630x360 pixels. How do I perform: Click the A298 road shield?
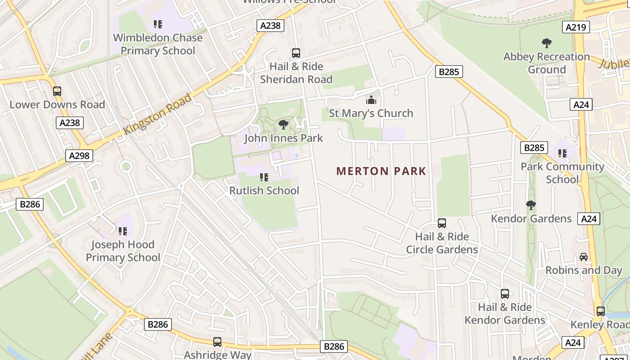[x=79, y=156]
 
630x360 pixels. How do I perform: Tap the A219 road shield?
[x=576, y=27]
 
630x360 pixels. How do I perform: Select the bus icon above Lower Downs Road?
[x=57, y=91]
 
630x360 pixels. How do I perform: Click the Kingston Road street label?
[x=157, y=113]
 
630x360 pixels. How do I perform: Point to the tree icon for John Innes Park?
[x=283, y=124]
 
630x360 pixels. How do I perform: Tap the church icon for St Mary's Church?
[x=371, y=99]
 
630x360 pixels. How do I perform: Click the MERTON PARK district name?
[x=381, y=171]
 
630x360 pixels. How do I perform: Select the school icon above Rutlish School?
[x=264, y=177]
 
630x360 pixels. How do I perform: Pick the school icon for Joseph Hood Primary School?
[x=122, y=231]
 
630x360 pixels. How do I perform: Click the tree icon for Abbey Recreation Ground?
[x=547, y=43]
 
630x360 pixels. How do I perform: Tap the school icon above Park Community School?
[x=562, y=153]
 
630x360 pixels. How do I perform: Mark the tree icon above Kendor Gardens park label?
[x=531, y=205]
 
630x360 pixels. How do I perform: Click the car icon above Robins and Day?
[x=584, y=257]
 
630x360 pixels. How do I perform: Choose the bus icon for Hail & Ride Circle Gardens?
[x=442, y=223]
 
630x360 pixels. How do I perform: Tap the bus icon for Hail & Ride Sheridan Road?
[x=296, y=53]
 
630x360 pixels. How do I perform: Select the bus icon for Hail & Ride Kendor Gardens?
[x=505, y=294]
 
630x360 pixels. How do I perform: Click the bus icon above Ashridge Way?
[x=217, y=342]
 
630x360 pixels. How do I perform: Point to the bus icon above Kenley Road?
[x=601, y=311]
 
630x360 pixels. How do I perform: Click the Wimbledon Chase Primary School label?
[x=158, y=44]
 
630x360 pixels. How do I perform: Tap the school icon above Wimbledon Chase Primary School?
[x=157, y=24]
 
